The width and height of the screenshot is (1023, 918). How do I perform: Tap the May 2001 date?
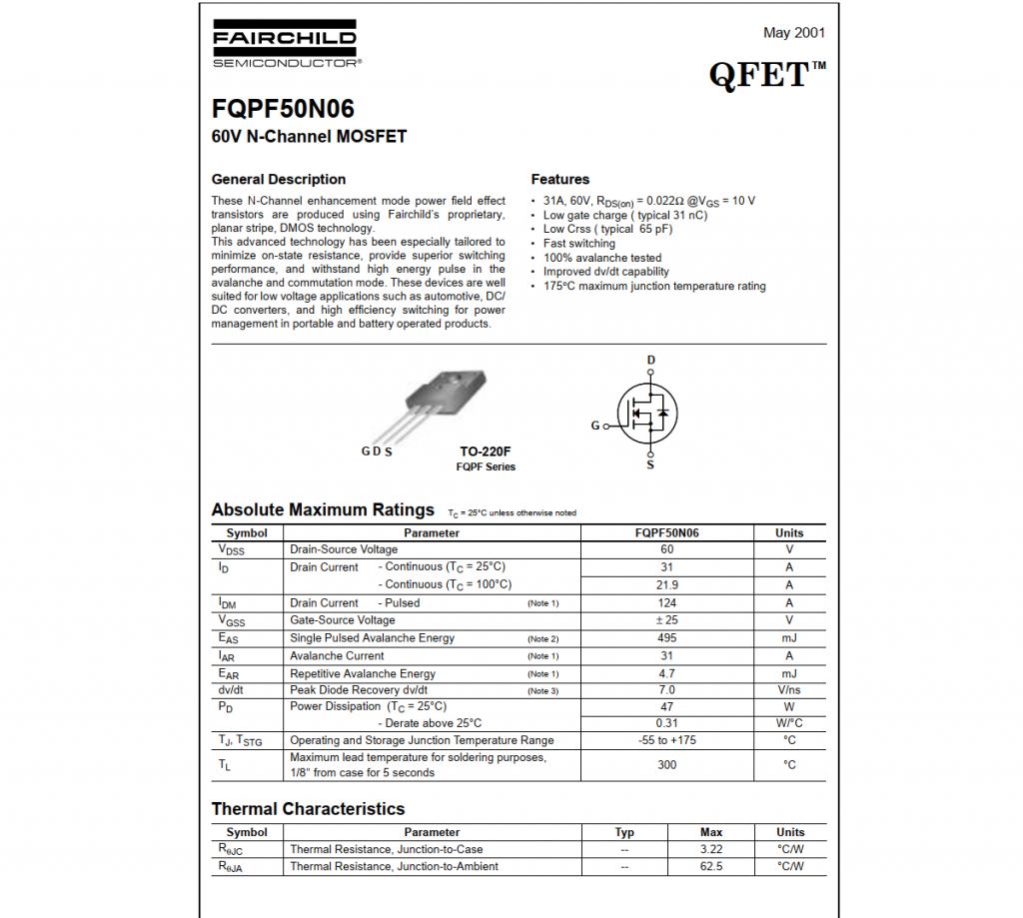point(794,33)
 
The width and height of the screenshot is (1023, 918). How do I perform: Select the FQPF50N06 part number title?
point(283,109)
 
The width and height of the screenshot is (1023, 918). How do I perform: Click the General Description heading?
point(279,180)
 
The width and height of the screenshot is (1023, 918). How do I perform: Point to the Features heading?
point(559,180)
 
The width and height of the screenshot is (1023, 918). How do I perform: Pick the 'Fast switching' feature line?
point(579,244)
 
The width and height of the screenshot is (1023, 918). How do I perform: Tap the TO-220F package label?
point(486,452)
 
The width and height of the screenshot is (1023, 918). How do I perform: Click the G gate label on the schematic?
point(595,426)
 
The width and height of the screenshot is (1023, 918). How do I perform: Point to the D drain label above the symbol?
point(651,360)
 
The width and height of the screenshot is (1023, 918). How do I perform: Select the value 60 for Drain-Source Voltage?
point(666,549)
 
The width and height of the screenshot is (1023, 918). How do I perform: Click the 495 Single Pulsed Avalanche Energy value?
point(666,638)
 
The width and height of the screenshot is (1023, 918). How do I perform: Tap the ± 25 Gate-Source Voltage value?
point(666,620)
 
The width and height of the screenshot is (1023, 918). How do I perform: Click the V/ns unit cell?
point(789,690)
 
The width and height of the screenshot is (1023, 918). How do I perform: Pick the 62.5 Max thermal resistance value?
point(711,867)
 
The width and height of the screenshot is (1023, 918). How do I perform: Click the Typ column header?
point(624,832)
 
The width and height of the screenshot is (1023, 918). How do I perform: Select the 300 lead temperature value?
point(666,765)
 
